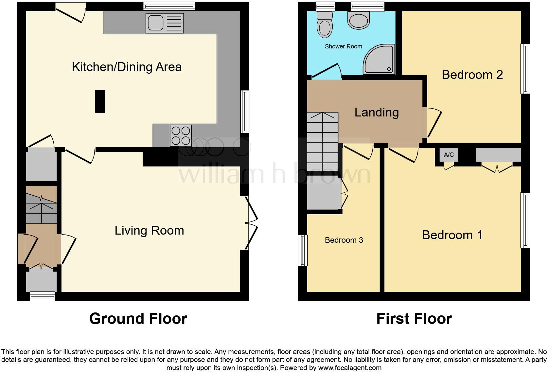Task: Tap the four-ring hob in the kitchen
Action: (181, 136)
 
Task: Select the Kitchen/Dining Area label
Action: (127, 67)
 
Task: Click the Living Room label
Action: (149, 231)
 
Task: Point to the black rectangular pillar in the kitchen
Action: (100, 101)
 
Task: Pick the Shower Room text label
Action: (343, 46)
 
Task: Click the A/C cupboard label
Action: (449, 155)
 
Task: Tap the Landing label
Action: (377, 113)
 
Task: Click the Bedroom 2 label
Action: (472, 75)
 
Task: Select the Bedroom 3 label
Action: (344, 240)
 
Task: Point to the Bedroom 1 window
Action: (525, 220)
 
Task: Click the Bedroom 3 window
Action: (303, 250)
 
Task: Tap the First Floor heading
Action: (414, 319)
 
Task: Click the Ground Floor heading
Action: (138, 319)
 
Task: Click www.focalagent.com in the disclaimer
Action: (350, 367)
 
